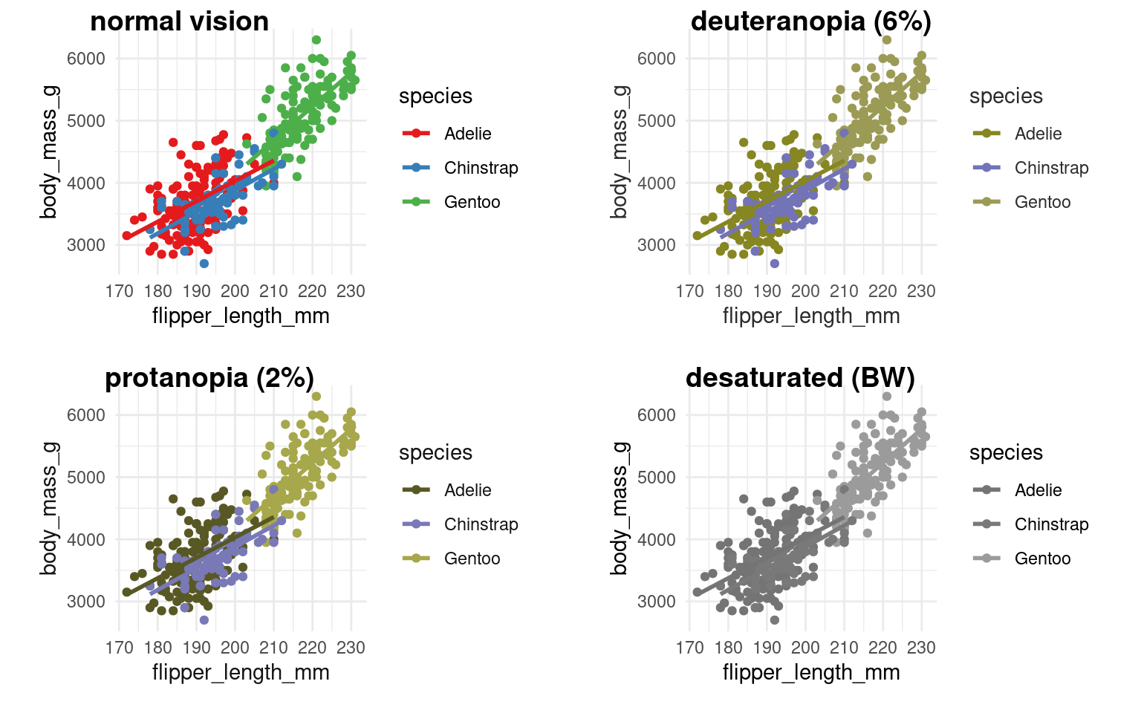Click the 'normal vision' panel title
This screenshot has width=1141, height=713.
click(179, 22)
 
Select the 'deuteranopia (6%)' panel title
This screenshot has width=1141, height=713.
click(810, 22)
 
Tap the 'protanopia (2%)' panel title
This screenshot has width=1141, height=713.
click(209, 378)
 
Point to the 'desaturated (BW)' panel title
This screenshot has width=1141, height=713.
click(800, 378)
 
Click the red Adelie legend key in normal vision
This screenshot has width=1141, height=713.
click(417, 134)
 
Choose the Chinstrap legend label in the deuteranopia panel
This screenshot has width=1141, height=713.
click(1051, 168)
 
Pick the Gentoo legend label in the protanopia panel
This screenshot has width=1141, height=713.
click(472, 559)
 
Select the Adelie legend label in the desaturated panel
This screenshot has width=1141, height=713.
click(1038, 490)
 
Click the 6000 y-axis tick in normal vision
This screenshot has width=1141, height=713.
click(86, 59)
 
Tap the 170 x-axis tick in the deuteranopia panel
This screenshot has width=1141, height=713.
click(690, 291)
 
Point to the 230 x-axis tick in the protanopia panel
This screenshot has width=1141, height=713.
click(351, 648)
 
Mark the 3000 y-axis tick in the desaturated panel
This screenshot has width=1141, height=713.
click(657, 602)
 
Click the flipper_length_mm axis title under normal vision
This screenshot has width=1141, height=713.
click(241, 316)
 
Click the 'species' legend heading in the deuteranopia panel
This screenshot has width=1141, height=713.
click(1006, 97)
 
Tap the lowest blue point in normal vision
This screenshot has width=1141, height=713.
click(204, 264)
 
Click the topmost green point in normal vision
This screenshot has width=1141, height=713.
click(316, 40)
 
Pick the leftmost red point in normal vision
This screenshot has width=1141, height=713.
click(126, 235)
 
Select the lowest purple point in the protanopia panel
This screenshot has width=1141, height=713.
click(204, 620)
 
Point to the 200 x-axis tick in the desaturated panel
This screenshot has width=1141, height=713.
click(806, 648)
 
